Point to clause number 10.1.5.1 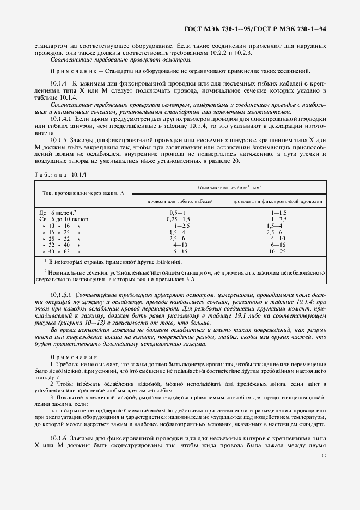[62, 295]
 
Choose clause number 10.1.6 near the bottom [58, 438]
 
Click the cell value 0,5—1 [178, 211]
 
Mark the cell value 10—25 [278, 252]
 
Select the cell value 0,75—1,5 [178, 218]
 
